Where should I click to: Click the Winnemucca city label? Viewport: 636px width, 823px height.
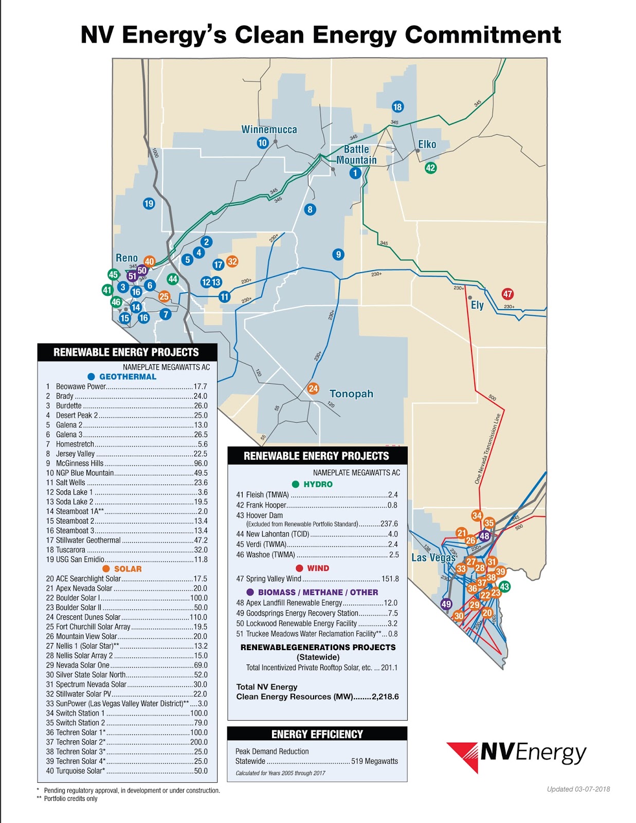(x=269, y=130)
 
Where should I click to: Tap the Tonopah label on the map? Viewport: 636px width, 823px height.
(x=351, y=394)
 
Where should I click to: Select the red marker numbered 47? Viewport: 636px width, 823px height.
(x=507, y=294)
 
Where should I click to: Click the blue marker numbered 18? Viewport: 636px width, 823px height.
(x=397, y=107)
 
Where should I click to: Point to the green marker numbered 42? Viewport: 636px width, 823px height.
(x=430, y=168)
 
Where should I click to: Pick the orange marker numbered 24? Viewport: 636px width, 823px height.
(x=313, y=389)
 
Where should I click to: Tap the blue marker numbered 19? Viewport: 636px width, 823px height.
(x=149, y=204)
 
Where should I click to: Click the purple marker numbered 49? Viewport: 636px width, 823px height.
(x=446, y=604)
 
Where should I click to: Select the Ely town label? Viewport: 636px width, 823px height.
(x=477, y=305)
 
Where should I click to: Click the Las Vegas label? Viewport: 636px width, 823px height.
(x=433, y=558)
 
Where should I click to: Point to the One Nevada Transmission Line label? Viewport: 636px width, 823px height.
(x=487, y=449)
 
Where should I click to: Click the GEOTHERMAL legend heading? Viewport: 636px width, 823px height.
(x=128, y=377)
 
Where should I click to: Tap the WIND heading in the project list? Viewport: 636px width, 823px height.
(x=318, y=568)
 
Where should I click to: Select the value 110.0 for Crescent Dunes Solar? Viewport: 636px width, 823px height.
(x=198, y=617)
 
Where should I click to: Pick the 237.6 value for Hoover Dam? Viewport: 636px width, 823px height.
(x=389, y=524)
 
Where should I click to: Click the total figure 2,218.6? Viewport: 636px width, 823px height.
(x=385, y=697)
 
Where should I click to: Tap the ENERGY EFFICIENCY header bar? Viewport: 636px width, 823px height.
(x=317, y=734)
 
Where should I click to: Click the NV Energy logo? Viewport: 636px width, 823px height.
(x=517, y=756)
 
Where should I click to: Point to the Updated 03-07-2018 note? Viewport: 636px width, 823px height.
(x=578, y=789)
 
